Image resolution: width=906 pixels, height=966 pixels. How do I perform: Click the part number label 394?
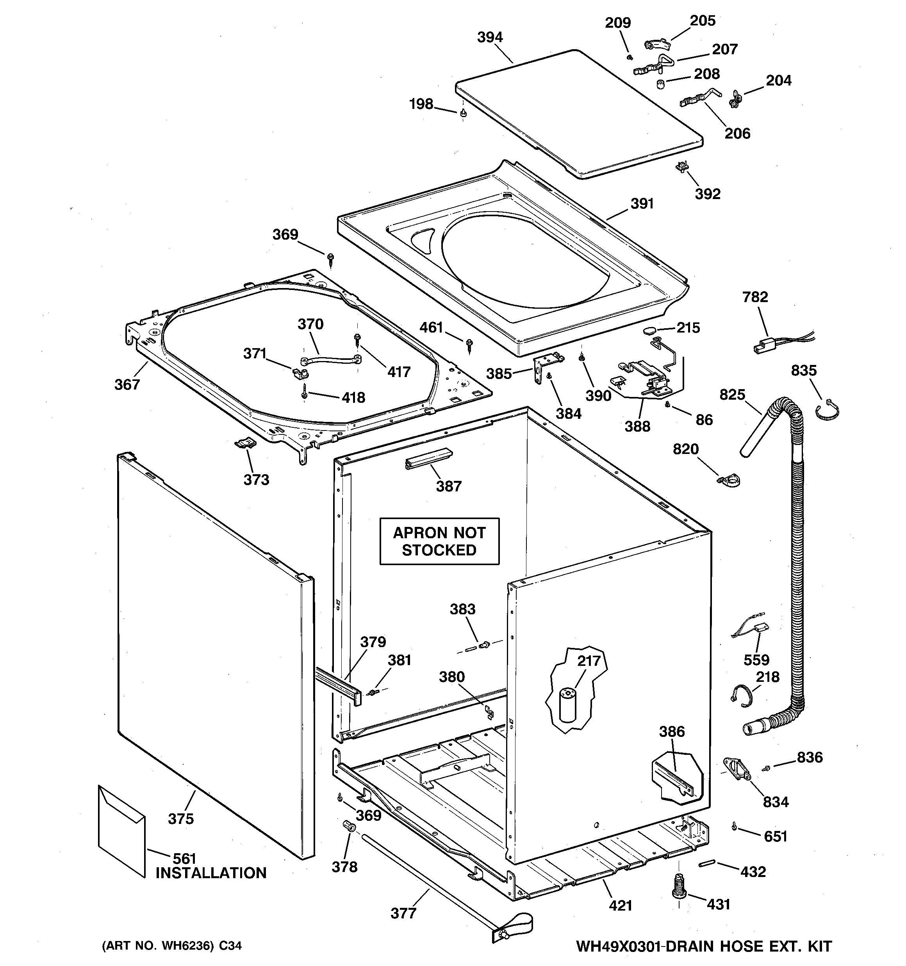coord(490,37)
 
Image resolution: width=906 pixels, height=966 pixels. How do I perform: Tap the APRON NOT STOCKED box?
coord(439,541)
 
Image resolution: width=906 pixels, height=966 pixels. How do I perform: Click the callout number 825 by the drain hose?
coord(732,395)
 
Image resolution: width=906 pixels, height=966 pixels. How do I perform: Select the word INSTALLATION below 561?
coord(211,873)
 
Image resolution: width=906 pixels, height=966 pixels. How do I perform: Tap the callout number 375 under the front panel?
coord(181,819)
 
